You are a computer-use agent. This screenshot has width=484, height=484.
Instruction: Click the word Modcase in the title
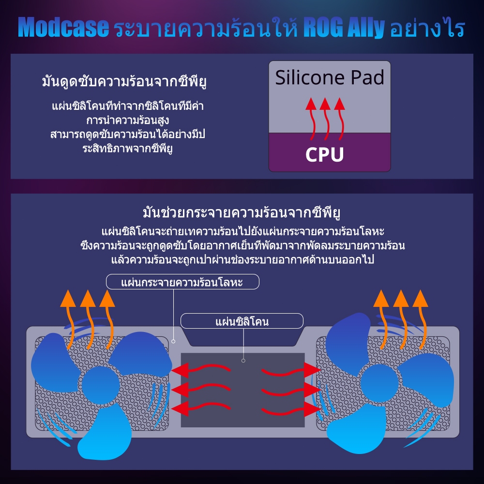63,28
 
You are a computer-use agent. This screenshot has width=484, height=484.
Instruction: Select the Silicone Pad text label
330,77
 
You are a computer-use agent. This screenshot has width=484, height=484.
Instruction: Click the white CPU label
324,154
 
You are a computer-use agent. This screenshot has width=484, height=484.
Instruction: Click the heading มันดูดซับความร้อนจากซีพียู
124,81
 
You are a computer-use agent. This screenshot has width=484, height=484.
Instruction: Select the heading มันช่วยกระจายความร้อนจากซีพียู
242,213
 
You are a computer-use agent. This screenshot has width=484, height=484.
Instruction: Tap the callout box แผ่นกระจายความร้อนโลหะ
182,282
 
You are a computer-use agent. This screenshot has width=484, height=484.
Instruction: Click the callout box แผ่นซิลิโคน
242,321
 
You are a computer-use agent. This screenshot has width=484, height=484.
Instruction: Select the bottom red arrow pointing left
201,407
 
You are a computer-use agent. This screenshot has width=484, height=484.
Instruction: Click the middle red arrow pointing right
290,390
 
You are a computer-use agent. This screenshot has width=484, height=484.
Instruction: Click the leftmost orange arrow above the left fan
68,310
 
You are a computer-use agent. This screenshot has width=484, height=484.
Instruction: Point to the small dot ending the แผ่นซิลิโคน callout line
243,361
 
